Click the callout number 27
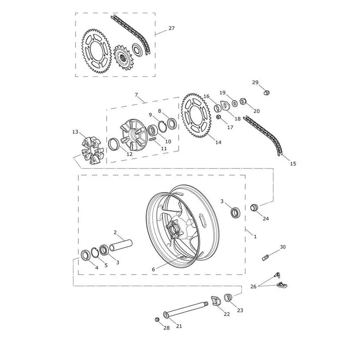(x=171, y=28)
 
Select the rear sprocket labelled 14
(x=196, y=115)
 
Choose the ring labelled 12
(x=113, y=144)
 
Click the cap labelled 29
(x=266, y=93)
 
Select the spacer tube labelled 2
(x=121, y=245)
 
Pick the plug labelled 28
(x=157, y=319)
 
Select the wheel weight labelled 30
(x=265, y=258)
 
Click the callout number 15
(x=293, y=164)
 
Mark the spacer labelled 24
(x=254, y=207)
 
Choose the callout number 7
(x=136, y=94)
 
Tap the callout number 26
(x=253, y=287)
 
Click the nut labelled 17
(x=219, y=117)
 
